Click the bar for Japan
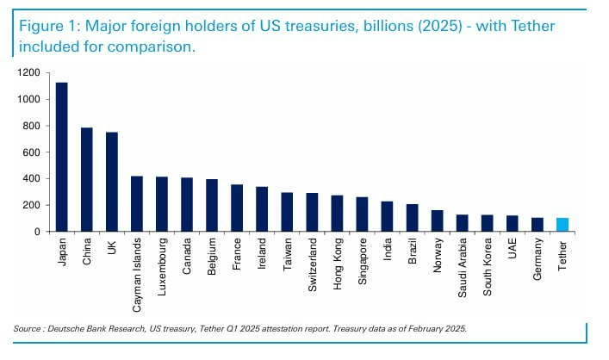(62, 157)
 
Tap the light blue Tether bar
(562, 225)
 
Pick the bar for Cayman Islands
(137, 204)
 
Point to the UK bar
(112, 182)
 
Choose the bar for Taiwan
(287, 212)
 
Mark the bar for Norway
(437, 220)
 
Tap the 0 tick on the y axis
(38, 232)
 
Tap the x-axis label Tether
(562, 256)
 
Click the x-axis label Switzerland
(312, 269)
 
